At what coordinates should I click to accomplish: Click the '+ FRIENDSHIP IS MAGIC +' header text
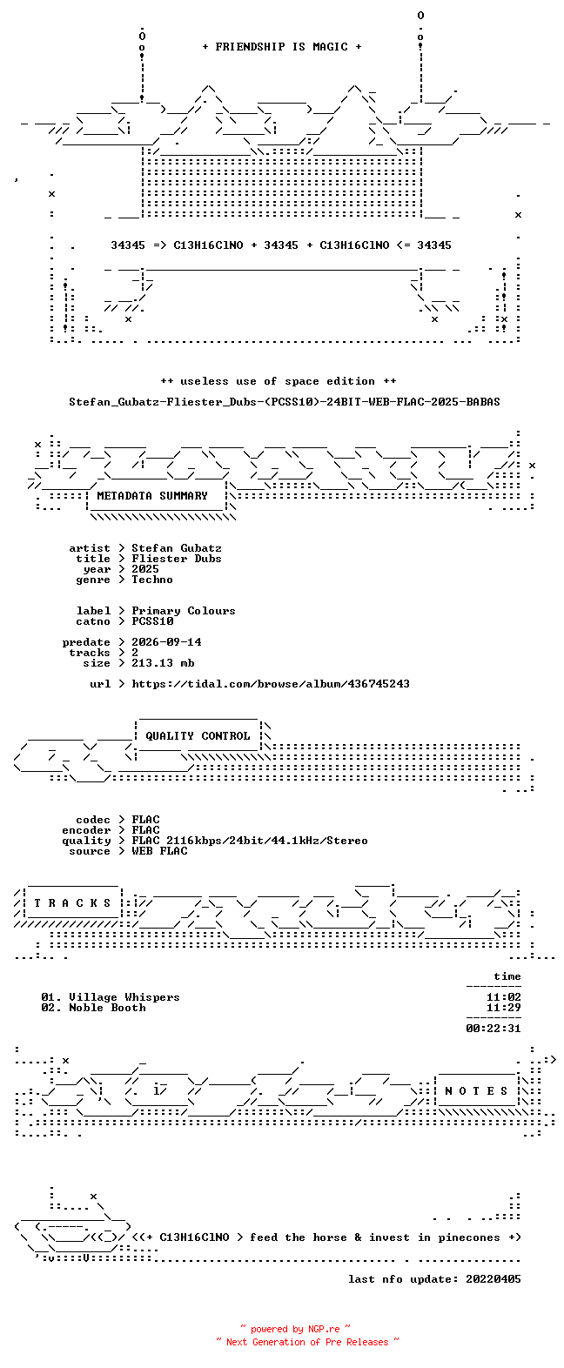pyautogui.click(x=282, y=47)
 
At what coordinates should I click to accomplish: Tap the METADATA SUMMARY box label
pyautogui.click(x=152, y=496)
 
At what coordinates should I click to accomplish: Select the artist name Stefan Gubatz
pyautogui.click(x=177, y=548)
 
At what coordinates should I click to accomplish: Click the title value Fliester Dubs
pyautogui.click(x=177, y=559)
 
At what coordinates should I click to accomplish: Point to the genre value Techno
pyautogui.click(x=152, y=580)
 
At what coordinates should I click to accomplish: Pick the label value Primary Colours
pyautogui.click(x=184, y=611)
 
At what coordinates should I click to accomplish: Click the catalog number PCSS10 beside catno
pyautogui.click(x=153, y=621)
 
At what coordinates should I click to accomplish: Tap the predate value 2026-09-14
pyautogui.click(x=166, y=642)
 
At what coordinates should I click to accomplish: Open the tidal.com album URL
pyautogui.click(x=271, y=684)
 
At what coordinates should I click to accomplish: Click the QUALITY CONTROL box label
pyautogui.click(x=198, y=736)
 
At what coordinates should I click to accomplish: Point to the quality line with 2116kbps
pyautogui.click(x=250, y=841)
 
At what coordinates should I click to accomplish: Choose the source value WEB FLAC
pyautogui.click(x=159, y=851)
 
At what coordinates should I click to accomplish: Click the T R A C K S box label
pyautogui.click(x=73, y=903)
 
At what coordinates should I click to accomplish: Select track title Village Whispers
pyautogui.click(x=124, y=997)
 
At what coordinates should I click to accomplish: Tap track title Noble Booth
pyautogui.click(x=107, y=1008)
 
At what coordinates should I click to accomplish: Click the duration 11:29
pyautogui.click(x=503, y=1008)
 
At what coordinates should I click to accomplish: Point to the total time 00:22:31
pyautogui.click(x=493, y=1029)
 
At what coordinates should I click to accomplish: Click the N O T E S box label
pyautogui.click(x=477, y=1091)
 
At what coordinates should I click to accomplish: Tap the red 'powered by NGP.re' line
pyautogui.click(x=296, y=1329)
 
